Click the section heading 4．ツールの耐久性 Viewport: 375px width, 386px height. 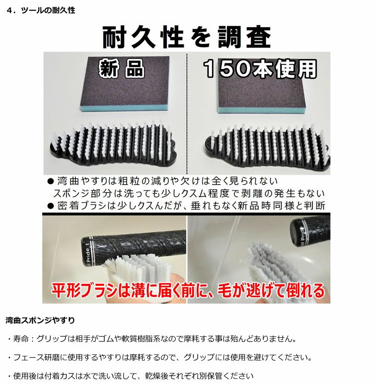coord(41,10)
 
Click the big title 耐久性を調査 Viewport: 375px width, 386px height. coord(186,38)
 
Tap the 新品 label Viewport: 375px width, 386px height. coord(122,69)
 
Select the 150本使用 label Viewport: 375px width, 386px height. coord(260,69)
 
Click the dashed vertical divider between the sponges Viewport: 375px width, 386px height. coord(186,115)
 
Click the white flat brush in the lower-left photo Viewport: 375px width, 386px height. coord(138,271)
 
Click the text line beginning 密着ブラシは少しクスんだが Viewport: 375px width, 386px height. coord(188,205)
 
